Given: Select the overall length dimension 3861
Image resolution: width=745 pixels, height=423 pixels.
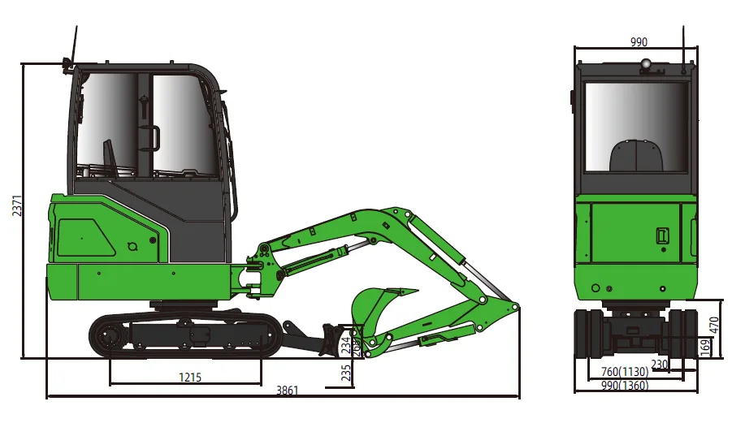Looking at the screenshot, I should click(287, 390).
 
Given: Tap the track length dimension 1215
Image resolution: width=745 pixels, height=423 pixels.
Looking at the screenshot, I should click(190, 377).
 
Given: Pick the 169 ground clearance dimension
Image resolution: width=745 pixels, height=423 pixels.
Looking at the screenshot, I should click(704, 346).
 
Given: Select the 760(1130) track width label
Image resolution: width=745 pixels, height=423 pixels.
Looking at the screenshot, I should click(625, 372).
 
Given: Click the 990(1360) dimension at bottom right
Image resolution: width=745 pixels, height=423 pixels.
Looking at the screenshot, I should click(625, 385).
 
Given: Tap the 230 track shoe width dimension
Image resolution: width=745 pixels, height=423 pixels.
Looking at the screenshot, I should click(659, 365).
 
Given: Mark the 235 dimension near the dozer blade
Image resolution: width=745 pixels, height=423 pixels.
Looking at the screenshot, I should click(347, 372).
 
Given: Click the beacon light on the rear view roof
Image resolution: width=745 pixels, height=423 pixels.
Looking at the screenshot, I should click(646, 64).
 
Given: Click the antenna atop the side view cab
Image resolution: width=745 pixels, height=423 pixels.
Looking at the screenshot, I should click(76, 45).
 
